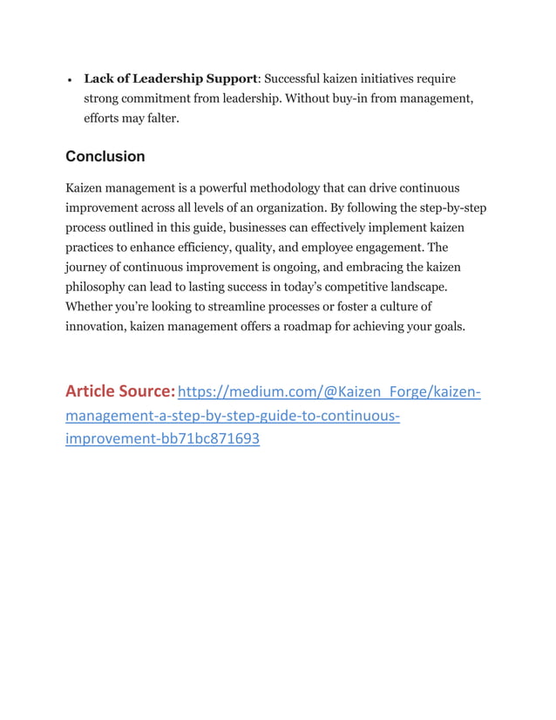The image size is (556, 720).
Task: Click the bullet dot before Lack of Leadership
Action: pos(69,80)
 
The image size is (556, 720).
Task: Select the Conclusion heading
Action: pos(105,157)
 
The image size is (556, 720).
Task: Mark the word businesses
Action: pos(253,228)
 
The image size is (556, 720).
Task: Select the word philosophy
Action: pos(99,287)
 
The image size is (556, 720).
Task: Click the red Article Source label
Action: pos(119,391)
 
